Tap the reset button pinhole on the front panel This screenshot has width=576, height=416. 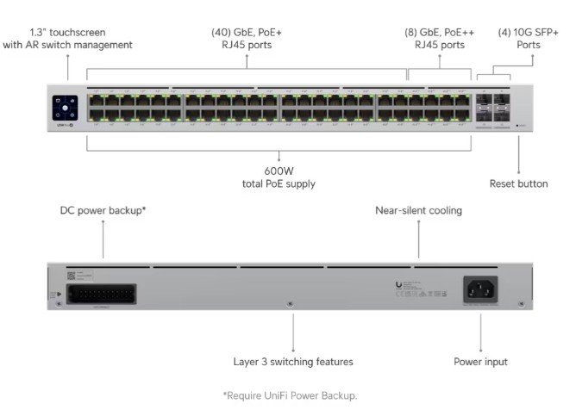[x=517, y=126]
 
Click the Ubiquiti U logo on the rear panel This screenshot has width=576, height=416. [x=398, y=284]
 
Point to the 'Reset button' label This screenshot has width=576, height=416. [x=518, y=183]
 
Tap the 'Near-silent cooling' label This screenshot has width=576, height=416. [x=418, y=210]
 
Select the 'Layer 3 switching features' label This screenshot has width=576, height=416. [x=293, y=362]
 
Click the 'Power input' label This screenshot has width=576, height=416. [x=480, y=362]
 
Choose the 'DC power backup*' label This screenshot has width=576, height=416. [x=103, y=210]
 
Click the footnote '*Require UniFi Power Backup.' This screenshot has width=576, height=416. [x=290, y=395]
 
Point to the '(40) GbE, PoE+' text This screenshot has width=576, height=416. [x=247, y=32]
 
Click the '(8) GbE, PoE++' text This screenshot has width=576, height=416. [x=439, y=32]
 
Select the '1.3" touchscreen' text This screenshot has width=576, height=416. [x=67, y=32]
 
